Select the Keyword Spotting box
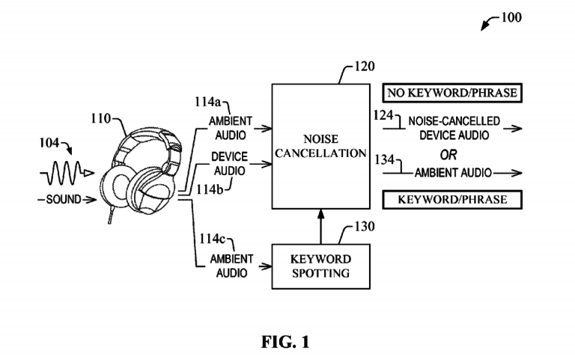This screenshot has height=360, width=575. (x=320, y=266)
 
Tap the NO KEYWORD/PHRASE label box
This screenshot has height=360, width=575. (x=451, y=94)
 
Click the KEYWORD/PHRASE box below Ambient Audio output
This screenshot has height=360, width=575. (x=451, y=200)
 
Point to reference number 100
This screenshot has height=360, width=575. (x=512, y=16)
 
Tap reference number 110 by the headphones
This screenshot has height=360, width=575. (x=100, y=118)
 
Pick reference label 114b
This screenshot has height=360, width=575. (x=212, y=190)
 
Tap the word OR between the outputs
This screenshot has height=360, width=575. (x=447, y=155)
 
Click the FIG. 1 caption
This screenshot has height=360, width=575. (x=285, y=342)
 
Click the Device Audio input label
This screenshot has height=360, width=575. (x=230, y=164)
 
